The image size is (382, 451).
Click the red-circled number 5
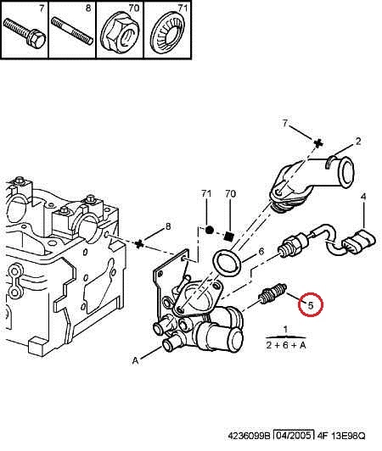(310, 305)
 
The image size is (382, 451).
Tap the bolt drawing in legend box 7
(25, 32)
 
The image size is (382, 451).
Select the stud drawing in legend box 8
(72, 31)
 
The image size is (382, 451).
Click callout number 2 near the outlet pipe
(357, 142)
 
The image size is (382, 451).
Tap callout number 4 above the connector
(363, 197)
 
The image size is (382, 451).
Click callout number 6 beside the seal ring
(261, 251)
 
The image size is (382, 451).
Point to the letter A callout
(135, 360)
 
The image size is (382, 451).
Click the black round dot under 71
(209, 230)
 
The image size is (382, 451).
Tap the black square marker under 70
(229, 237)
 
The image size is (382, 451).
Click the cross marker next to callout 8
(139, 244)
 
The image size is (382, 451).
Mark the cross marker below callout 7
(317, 143)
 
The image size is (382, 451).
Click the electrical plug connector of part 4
(359, 242)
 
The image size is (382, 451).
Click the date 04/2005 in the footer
(293, 436)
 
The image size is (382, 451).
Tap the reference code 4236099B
(250, 436)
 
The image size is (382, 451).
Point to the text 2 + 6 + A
(286, 345)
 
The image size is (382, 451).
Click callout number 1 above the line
(285, 329)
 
